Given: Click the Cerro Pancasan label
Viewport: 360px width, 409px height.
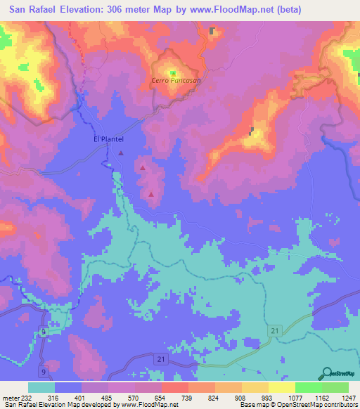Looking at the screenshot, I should point(177,81).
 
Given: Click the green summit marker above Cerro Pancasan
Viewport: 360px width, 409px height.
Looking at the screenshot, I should point(173,72).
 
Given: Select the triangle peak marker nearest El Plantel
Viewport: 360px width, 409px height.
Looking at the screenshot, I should point(121,152).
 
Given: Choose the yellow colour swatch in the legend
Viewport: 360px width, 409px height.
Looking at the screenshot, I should point(282,387).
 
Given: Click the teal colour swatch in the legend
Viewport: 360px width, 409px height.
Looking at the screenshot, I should point(41,387).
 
